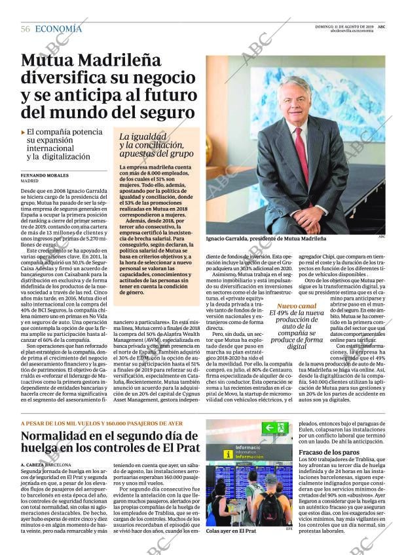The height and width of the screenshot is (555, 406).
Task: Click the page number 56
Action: tap(26, 29)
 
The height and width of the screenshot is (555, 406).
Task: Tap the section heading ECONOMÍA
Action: tap(58, 29)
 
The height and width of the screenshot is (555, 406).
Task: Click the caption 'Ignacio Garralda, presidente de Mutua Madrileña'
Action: tap(265, 239)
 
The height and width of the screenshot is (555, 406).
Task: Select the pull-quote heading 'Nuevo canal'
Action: tap(296, 306)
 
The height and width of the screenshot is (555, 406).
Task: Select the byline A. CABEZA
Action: tap(32, 464)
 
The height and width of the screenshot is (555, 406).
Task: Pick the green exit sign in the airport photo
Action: tap(275, 428)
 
